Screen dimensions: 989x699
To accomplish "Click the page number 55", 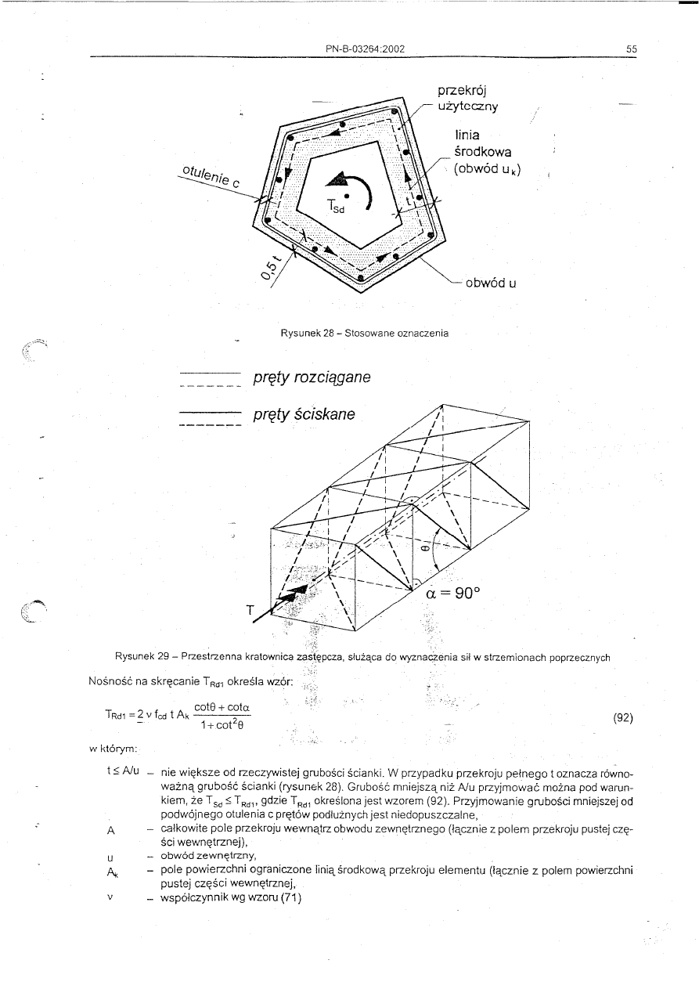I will coord(632,49).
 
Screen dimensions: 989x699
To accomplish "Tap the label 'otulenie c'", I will coord(211,178).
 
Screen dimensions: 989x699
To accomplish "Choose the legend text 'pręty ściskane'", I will coord(304,413).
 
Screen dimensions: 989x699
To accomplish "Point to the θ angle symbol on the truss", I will coord(423,549).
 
